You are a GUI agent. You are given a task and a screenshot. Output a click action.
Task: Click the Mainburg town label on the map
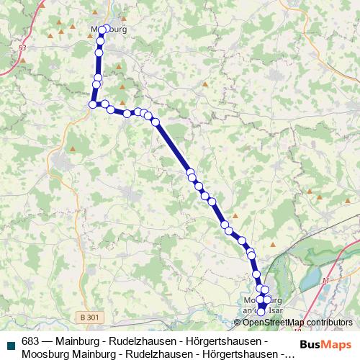point(109,30)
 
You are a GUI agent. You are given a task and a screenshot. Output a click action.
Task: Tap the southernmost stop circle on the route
point(261,312)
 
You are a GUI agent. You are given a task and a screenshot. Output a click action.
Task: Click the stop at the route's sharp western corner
point(92,104)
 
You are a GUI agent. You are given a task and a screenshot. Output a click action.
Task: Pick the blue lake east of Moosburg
point(310,277)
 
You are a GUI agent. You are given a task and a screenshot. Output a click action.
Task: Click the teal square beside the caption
point(9,342)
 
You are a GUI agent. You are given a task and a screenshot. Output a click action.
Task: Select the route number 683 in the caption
point(30,341)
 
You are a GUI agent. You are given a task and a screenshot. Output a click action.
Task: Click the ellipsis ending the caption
point(289,354)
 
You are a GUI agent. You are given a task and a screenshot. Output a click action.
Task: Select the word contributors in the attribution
point(328,323)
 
